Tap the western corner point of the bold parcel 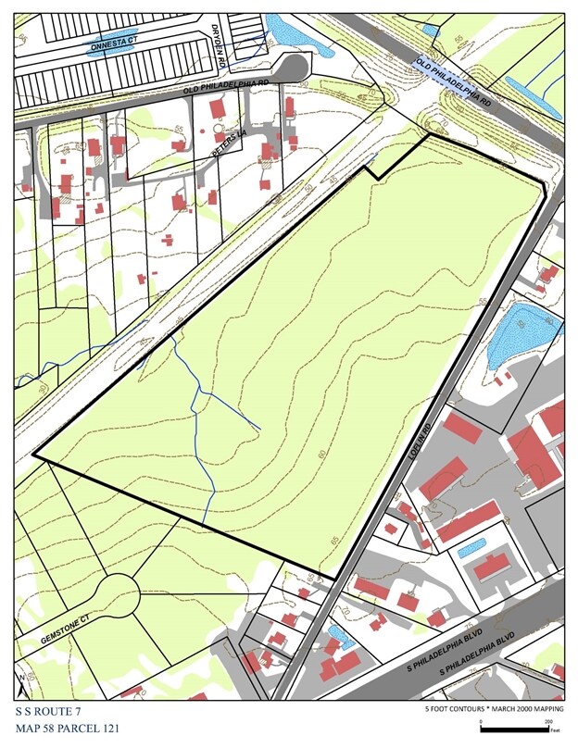pyautogui.click(x=34, y=455)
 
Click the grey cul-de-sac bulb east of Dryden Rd pyautogui.click(x=295, y=69)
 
